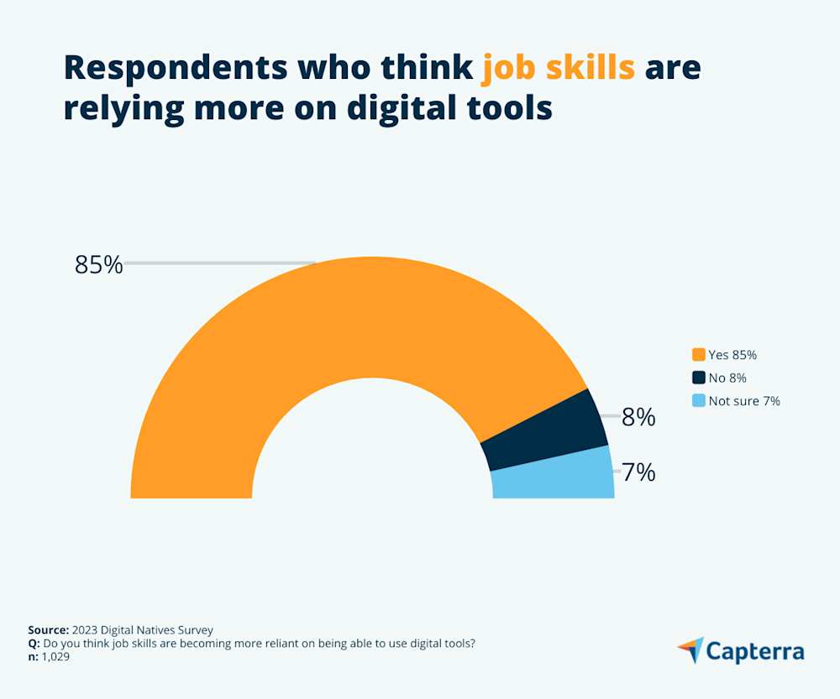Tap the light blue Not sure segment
point(554,474)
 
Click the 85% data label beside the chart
point(98,264)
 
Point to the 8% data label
point(638,417)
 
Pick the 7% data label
point(638,472)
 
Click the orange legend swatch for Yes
point(698,355)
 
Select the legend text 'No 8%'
point(727,378)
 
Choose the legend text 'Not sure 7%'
point(744,401)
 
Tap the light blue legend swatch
point(698,401)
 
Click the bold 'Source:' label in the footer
point(47,630)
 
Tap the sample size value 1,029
point(55,657)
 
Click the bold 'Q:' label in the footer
point(34,644)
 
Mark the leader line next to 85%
point(218,263)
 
